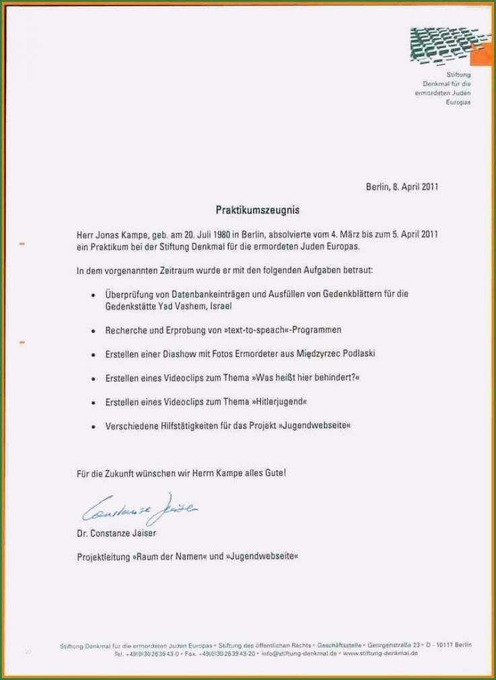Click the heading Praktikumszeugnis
tap(257, 210)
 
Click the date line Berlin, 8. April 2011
tap(402, 186)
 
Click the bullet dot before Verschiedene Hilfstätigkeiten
tap(92, 426)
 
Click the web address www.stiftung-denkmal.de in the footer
tap(380, 653)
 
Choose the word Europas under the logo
tap(458, 102)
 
